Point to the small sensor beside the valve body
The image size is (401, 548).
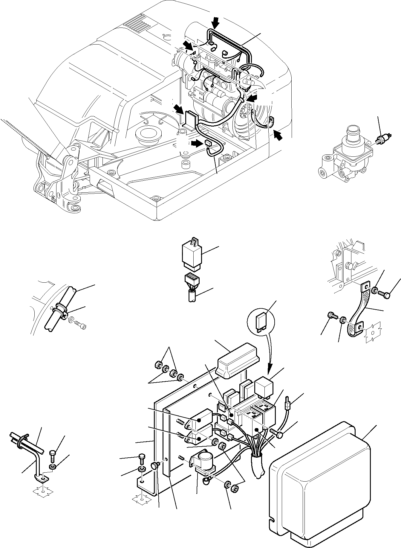pyautogui.click(x=381, y=139)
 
